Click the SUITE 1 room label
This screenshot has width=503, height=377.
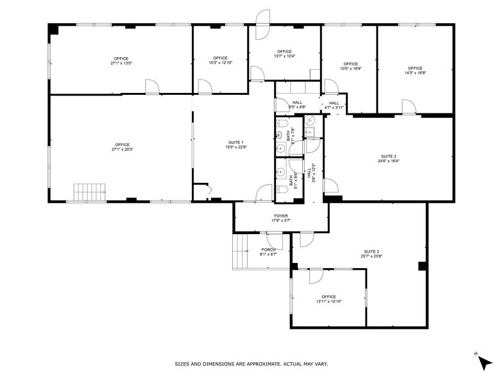tap(235, 142)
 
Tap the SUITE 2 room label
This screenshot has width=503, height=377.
tap(371, 251)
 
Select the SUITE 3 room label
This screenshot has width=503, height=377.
tap(389, 156)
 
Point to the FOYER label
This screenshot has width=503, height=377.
tap(281, 216)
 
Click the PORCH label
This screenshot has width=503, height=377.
tap(268, 249)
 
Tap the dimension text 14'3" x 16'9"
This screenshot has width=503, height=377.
tap(414, 73)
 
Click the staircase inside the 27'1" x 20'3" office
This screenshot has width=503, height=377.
tap(90, 192)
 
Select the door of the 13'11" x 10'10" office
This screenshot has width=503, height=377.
tap(316, 276)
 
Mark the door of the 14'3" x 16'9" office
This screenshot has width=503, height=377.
tap(408, 106)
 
